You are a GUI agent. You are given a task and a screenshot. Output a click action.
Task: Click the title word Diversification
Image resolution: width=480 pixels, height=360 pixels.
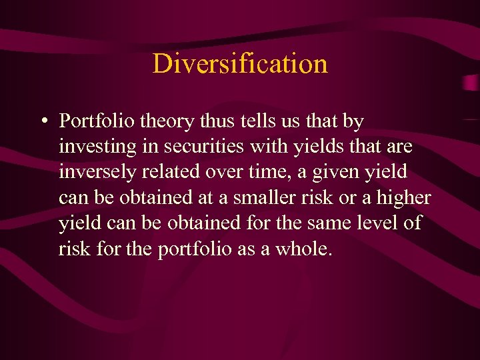(240, 64)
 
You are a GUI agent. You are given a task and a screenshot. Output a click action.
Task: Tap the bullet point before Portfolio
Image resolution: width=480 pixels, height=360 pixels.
(43, 121)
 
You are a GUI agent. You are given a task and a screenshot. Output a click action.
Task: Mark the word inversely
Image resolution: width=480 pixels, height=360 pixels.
(98, 172)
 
